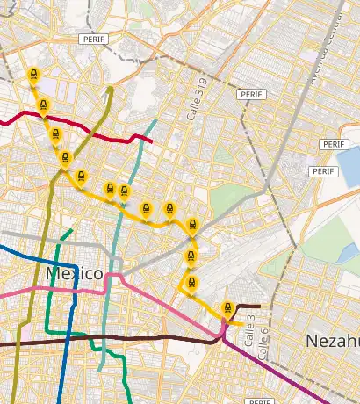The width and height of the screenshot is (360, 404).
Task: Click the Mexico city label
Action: pyautogui.click(x=74, y=274)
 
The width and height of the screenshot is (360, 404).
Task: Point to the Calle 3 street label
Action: pyautogui.click(x=248, y=326)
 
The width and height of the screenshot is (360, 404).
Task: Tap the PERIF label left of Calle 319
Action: pyautogui.click(x=91, y=40)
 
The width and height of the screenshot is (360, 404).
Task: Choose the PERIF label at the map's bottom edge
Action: pyautogui.click(x=262, y=400)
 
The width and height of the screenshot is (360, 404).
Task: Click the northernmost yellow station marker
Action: pyautogui.click(x=33, y=76)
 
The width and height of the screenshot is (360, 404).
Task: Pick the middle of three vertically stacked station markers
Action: pyautogui.click(x=191, y=255)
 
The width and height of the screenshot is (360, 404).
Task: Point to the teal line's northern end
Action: pyautogui.click(x=155, y=120)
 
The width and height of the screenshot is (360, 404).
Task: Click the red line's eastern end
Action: pyautogui.click(x=153, y=141)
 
